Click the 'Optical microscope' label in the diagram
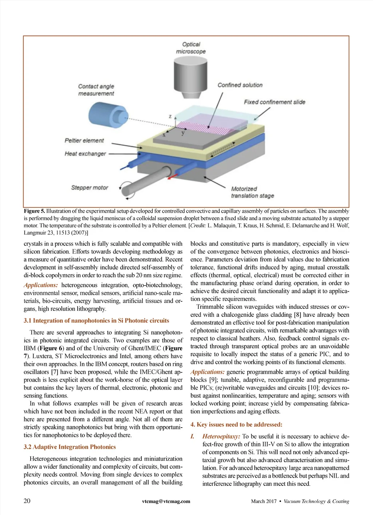(191, 48)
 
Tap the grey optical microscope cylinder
(191, 77)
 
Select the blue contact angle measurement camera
(108, 115)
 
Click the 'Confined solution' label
(240, 85)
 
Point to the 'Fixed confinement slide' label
(275, 102)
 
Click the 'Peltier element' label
(84, 141)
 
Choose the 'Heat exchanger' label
(85, 154)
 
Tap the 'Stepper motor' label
(90, 188)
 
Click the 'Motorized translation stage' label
(252, 192)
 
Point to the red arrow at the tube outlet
(172, 177)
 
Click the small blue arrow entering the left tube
(124, 167)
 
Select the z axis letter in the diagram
(170, 116)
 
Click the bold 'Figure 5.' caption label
(35, 211)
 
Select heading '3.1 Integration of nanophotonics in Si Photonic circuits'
(97, 321)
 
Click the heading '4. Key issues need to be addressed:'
(236, 424)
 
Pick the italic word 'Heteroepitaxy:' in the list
(221, 436)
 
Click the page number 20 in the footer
(27, 501)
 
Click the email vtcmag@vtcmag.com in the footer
(166, 501)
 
